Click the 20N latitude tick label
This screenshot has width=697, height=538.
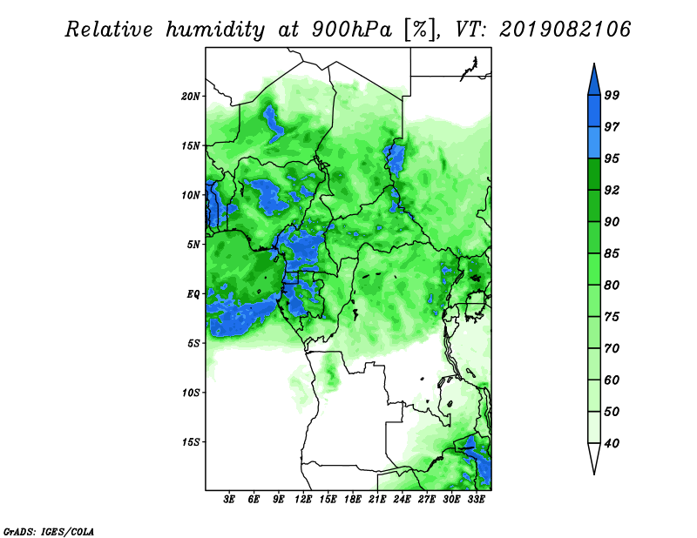coord(191,97)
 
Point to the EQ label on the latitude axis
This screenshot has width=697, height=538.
coord(193,294)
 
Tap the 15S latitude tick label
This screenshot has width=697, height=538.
coord(191,442)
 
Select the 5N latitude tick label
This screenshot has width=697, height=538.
coord(193,245)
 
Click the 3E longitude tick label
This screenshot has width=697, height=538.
coord(229,500)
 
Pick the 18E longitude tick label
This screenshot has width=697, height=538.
coord(353,500)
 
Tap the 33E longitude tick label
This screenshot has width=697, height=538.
coord(476,500)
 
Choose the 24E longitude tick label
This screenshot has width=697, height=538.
coord(402,500)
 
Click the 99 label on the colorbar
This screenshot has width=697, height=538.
coord(612,95)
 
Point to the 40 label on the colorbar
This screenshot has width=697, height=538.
coord(612,443)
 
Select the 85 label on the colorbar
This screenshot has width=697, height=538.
coord(612,253)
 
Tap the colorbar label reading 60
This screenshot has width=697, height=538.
coord(612,380)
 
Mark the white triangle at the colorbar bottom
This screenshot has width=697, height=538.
coord(594,457)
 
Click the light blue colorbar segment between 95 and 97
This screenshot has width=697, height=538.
coord(594,143)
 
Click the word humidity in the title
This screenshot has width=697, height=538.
coord(215,30)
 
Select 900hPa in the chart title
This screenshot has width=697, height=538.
coord(352,30)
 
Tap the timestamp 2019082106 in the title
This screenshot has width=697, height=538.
coord(565,30)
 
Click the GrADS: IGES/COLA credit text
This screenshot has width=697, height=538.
coord(49,532)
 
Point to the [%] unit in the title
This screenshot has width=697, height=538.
coord(421,30)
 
